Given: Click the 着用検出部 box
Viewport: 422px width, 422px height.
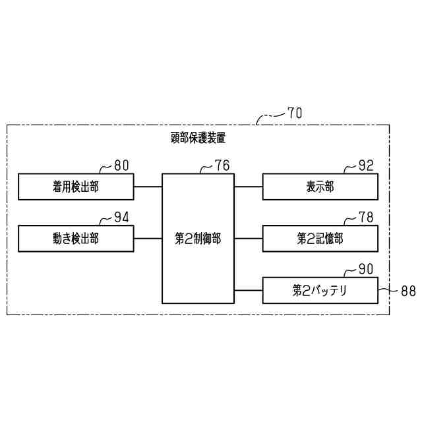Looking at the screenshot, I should pos(76,187).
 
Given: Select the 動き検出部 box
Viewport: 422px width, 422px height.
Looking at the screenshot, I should pos(76,239).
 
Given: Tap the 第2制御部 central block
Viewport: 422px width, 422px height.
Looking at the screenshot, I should pos(198,239).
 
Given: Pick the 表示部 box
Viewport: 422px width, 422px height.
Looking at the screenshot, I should pos(320,187).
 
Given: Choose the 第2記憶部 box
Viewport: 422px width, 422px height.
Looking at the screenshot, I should pos(320,239).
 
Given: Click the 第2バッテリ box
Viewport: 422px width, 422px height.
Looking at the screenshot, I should pos(320,290).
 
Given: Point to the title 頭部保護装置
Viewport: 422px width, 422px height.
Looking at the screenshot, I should pos(198,138).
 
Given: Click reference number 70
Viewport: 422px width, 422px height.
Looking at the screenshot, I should pos(295,113).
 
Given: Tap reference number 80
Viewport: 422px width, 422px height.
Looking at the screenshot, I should pos(122,166).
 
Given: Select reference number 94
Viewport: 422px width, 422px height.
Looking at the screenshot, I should pos(122,218).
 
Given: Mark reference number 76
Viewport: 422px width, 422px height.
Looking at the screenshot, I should pos(222,166).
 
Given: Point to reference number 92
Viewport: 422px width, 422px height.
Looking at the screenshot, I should pos(366,166).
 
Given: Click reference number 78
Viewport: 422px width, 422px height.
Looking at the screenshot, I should pos(366,218).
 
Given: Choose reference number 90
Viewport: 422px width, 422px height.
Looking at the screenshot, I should pos(366,270).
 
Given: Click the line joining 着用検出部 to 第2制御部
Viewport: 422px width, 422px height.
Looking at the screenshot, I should pos(148,187).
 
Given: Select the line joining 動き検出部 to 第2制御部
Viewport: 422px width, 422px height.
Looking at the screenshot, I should pos(148,239).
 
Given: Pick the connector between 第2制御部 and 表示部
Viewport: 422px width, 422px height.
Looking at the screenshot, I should pos(249,187).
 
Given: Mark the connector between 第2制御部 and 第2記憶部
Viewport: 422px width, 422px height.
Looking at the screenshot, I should pos(249,239).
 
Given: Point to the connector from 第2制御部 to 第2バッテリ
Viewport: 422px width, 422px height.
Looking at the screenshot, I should pos(249,290).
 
